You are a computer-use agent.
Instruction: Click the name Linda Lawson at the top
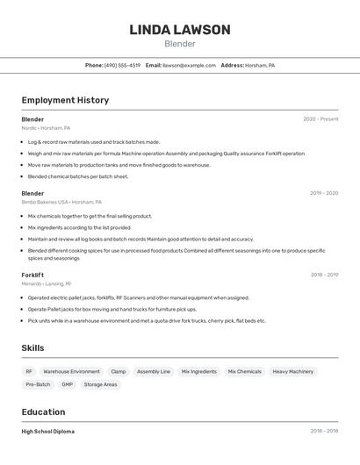180,30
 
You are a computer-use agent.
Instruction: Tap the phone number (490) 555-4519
122,65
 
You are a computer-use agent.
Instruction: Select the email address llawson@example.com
189,65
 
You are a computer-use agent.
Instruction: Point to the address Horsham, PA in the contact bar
259,65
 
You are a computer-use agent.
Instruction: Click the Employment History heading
65,100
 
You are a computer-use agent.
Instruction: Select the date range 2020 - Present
320,119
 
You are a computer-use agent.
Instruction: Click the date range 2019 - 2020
323,193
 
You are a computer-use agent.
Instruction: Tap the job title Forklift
32,275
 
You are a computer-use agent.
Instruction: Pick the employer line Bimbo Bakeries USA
61,202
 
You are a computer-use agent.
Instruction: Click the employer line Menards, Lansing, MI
47,283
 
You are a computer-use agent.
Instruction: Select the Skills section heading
32,348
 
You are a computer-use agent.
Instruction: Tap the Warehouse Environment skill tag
71,371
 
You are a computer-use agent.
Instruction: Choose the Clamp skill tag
118,371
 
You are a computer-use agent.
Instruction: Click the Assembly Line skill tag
153,371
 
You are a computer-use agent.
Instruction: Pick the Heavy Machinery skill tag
292,371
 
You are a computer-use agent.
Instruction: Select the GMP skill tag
67,384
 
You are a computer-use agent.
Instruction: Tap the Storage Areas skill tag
100,384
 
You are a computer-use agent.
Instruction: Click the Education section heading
43,411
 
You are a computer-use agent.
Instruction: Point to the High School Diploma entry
47,432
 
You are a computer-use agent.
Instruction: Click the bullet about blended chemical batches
77,176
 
